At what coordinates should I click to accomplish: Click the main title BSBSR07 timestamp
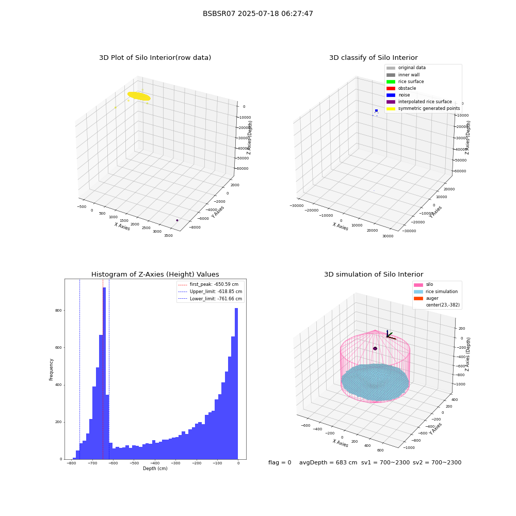257,13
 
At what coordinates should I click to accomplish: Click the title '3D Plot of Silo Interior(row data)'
155,58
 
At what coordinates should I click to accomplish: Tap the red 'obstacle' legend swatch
391,88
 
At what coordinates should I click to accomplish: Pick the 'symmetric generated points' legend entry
423,108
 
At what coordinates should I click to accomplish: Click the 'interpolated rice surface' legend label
425,102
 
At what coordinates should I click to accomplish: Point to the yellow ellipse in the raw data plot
139,96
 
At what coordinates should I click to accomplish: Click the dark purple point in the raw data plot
177,220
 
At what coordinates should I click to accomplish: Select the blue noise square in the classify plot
377,110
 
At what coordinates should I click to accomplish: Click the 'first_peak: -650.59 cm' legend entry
208,284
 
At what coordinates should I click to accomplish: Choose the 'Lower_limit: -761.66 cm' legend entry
210,299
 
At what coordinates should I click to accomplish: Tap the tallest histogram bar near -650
104,373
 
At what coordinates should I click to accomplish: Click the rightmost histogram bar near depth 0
236,384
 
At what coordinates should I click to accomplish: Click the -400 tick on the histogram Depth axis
154,463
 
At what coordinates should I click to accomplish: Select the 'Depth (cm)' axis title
155,469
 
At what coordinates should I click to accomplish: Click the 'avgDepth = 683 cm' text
328,462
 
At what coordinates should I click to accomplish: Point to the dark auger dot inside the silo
375,348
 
